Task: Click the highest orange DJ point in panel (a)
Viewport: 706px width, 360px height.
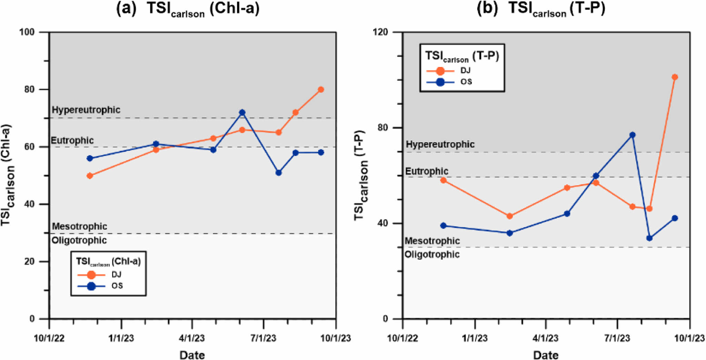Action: coord(321,90)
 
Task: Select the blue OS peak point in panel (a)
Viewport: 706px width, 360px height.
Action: coord(242,112)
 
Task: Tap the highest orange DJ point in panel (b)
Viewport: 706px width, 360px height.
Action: coord(675,77)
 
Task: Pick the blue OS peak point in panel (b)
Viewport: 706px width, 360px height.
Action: coord(632,135)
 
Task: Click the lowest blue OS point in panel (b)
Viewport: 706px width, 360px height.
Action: coord(649,238)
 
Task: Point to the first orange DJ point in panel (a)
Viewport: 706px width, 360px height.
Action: coord(90,176)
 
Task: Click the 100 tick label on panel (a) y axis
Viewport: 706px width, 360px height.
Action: coord(27,32)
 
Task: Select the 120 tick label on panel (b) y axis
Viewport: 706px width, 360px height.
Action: coord(380,32)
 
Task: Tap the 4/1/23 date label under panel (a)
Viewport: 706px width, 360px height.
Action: coord(192,338)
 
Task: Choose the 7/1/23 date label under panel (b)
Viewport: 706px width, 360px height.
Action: coord(617,338)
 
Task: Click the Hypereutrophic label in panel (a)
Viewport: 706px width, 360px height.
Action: coord(86,110)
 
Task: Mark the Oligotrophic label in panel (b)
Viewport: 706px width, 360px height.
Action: coord(432,254)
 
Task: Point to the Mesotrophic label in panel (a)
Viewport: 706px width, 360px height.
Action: coord(79,227)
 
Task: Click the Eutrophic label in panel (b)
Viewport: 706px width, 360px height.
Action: coord(427,171)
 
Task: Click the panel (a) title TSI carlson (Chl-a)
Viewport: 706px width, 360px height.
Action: coord(188,9)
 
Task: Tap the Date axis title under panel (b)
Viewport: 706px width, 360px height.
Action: coord(546,355)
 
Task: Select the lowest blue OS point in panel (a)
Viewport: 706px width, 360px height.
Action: coord(279,172)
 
